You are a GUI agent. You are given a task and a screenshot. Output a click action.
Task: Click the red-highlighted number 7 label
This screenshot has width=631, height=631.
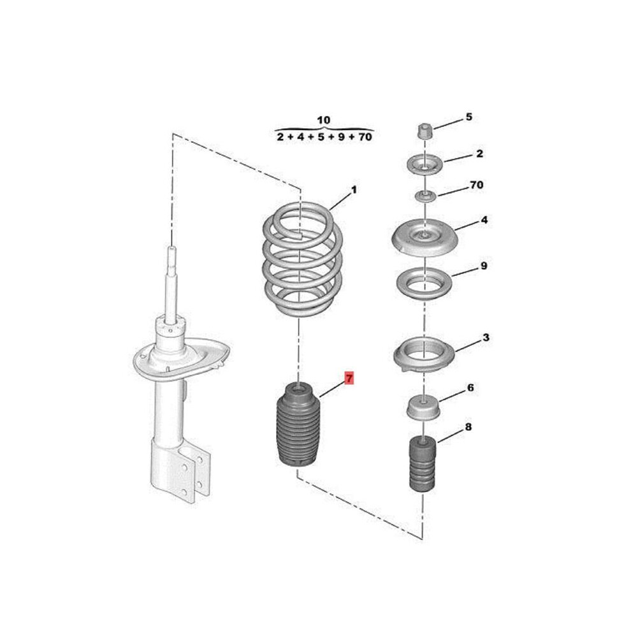click(x=349, y=379)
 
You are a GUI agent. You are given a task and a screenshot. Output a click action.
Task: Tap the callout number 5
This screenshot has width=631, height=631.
click(x=469, y=117)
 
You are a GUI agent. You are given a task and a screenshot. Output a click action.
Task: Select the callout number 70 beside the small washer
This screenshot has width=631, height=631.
click(x=477, y=185)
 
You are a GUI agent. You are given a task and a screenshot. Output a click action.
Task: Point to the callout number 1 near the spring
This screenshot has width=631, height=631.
click(x=354, y=190)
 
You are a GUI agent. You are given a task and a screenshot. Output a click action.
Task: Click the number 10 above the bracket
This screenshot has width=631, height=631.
click(x=324, y=120)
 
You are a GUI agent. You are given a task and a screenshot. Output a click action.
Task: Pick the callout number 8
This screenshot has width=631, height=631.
click(x=468, y=427)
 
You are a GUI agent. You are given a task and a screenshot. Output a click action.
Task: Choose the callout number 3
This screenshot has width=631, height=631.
click(x=486, y=338)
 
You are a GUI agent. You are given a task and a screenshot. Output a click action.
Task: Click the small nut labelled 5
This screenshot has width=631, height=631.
click(x=423, y=131)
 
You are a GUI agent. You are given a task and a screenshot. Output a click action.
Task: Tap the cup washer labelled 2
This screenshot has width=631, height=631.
click(x=425, y=164)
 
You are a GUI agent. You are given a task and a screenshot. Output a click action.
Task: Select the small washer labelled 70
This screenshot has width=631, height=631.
click(x=426, y=197)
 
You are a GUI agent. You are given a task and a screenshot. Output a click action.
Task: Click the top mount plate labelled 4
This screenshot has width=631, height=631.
click(x=424, y=238)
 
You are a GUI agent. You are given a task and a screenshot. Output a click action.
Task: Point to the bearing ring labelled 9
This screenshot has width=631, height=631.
click(x=424, y=284)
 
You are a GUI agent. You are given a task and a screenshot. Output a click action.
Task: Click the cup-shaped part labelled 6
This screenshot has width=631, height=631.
click(x=423, y=408)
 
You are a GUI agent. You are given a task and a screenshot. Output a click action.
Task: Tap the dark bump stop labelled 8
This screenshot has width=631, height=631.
click(x=423, y=464)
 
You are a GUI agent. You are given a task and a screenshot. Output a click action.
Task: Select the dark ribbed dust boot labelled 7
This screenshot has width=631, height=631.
click(x=297, y=426)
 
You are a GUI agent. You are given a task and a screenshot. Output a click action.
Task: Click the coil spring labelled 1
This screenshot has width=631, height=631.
click(x=302, y=259)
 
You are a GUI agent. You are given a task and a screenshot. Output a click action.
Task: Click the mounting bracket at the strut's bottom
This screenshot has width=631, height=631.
click(x=180, y=471)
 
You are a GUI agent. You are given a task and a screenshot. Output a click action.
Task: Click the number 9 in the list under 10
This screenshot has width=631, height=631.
click(x=341, y=137)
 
